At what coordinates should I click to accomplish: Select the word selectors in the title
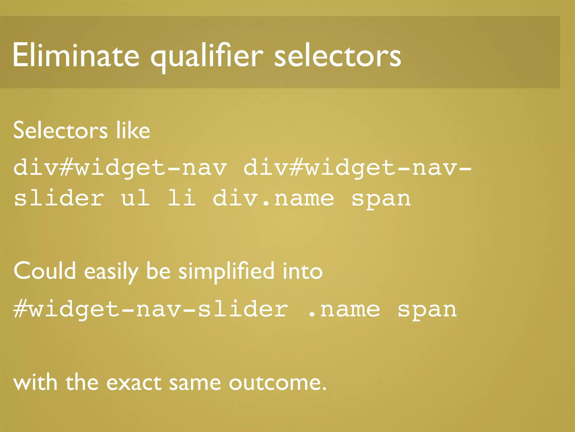(x=337, y=56)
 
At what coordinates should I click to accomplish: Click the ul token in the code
(x=135, y=198)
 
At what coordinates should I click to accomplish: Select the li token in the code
(x=181, y=198)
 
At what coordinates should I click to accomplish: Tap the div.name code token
(x=273, y=198)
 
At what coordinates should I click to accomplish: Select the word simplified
(x=226, y=271)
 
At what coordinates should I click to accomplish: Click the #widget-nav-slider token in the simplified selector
(x=151, y=309)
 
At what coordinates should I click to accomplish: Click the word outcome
(x=277, y=383)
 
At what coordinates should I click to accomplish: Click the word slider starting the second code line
(x=59, y=198)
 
